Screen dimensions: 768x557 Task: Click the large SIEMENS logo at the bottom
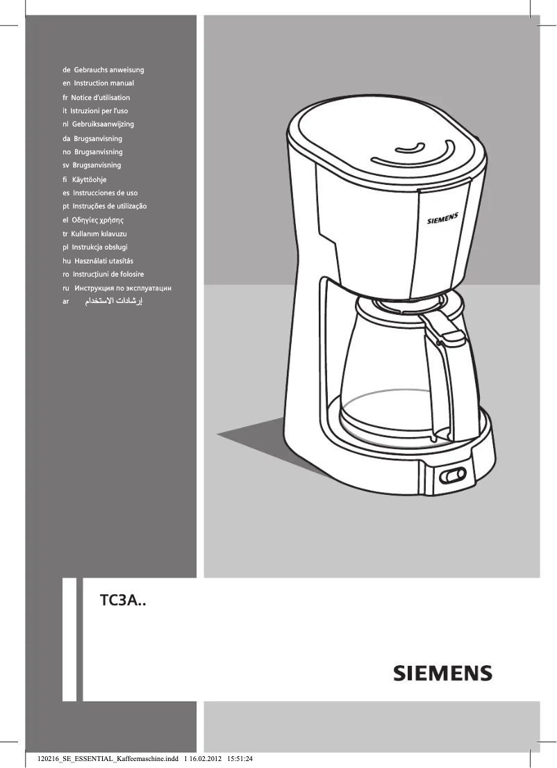(443, 673)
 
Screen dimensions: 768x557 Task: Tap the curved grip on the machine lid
(410, 149)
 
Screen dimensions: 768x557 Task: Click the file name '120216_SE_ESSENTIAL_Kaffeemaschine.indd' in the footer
(101, 758)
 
